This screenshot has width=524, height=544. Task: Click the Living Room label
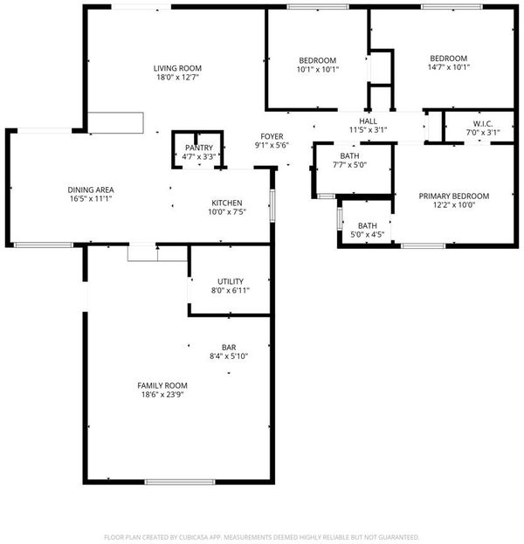point(177,68)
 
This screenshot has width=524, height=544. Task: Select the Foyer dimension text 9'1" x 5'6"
point(272,145)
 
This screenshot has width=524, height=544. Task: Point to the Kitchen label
point(226,203)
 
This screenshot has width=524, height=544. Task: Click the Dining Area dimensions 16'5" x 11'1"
point(91,199)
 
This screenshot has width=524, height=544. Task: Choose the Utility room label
point(230,281)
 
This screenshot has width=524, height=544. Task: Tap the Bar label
point(229,348)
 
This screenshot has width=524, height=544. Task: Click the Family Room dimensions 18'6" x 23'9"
point(162,395)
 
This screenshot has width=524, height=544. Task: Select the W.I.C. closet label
point(483,124)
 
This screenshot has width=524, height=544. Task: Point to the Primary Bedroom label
point(454,196)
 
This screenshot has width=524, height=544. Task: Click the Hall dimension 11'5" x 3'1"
point(368,130)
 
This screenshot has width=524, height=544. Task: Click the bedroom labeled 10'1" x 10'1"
point(317,60)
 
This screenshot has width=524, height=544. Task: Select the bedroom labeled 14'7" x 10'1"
point(448,59)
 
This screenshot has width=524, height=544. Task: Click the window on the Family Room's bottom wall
point(180,482)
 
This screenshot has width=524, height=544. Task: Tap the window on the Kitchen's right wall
point(272,206)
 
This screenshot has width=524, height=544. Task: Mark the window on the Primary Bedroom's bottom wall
point(424,246)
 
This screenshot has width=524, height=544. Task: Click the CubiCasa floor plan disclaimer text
point(262,537)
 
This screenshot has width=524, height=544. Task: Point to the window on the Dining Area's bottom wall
point(44,245)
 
